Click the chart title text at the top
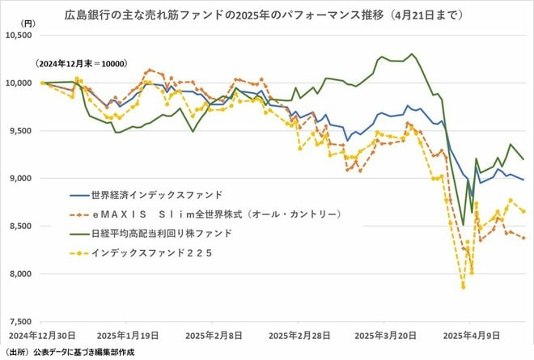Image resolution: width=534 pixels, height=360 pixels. point(267,14)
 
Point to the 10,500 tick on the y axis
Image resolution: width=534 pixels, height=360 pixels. point(19,35)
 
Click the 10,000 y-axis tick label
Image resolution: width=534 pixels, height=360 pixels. point(19,83)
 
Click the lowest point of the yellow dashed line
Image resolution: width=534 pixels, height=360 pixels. point(463,286)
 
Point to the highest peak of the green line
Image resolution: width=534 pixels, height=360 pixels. point(412,54)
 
